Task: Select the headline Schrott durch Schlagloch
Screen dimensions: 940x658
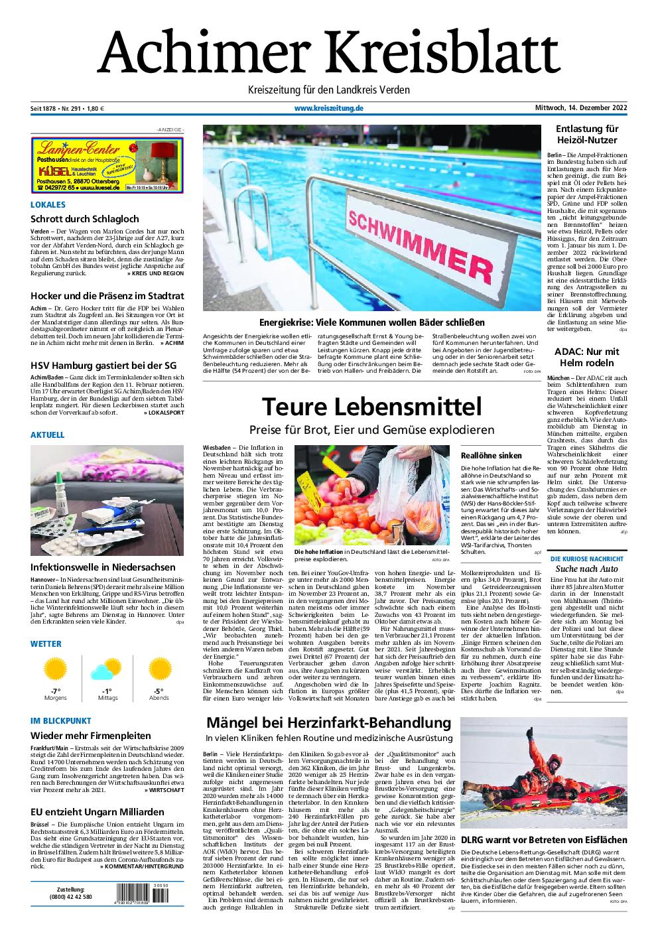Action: pyautogui.click(x=85, y=218)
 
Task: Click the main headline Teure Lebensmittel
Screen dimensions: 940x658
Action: pyautogui.click(x=371, y=405)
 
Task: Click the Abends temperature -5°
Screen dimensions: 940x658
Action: pyautogui.click(x=159, y=691)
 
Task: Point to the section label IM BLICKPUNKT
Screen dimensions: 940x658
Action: pyautogui.click(x=61, y=720)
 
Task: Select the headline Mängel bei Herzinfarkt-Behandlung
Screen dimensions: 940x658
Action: pyautogui.click(x=329, y=722)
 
